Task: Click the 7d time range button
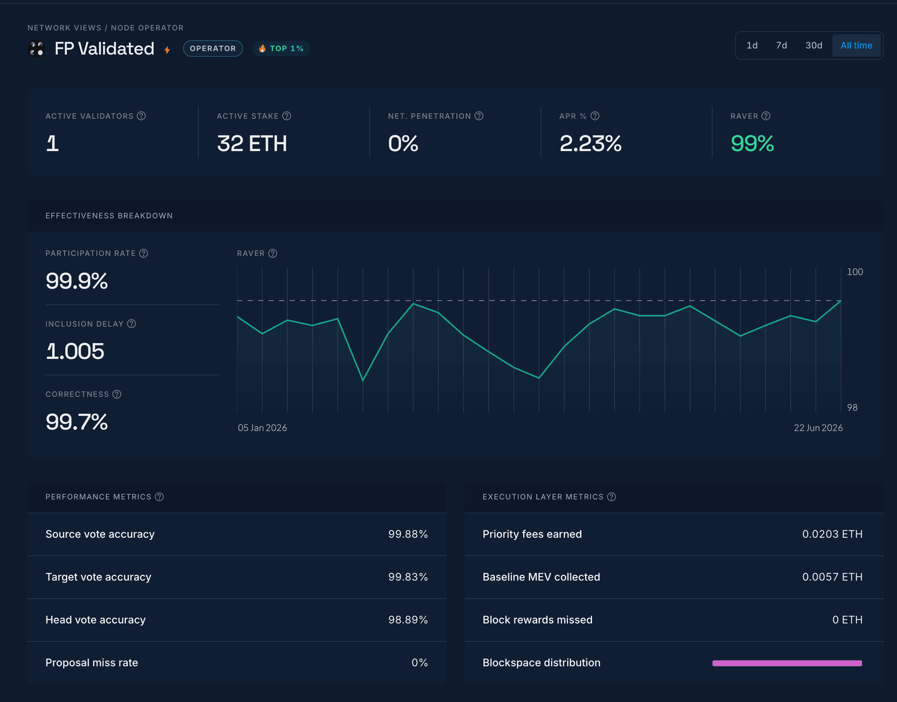(x=781, y=45)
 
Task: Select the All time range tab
(x=856, y=45)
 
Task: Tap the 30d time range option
(x=814, y=45)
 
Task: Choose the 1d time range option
(x=752, y=45)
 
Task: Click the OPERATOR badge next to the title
(x=213, y=49)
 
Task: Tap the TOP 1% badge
(x=281, y=49)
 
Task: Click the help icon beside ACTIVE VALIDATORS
(x=142, y=116)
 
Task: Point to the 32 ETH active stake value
(x=252, y=143)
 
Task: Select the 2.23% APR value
(x=591, y=143)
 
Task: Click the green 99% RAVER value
(x=752, y=143)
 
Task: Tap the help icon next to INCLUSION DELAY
(x=132, y=323)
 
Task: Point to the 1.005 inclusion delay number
(x=75, y=351)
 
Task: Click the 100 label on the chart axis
(x=855, y=272)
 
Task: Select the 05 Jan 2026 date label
(x=262, y=428)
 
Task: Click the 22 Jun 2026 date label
(x=818, y=428)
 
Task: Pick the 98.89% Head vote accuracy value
(x=408, y=620)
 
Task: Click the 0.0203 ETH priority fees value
(x=832, y=534)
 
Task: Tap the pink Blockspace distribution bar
(x=787, y=663)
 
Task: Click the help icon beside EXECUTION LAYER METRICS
(x=612, y=497)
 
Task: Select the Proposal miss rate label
(x=92, y=663)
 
